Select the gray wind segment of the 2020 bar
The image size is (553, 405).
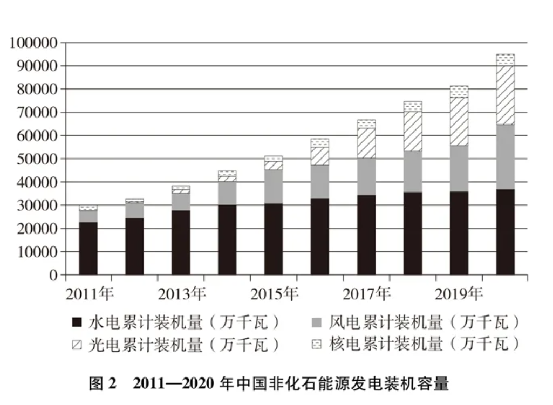coord(505,157)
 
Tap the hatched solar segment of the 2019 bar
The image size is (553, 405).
coord(459,121)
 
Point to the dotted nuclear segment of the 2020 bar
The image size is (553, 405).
coord(505,60)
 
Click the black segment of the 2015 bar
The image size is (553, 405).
coord(274,239)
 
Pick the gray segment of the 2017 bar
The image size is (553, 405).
coord(366,176)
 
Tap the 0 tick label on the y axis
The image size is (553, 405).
coord(53,276)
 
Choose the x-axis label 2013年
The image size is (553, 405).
coord(181,294)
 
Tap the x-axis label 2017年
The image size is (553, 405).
coord(366,294)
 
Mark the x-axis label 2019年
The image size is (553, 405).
coord(459,294)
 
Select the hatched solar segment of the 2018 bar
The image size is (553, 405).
coord(413,131)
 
